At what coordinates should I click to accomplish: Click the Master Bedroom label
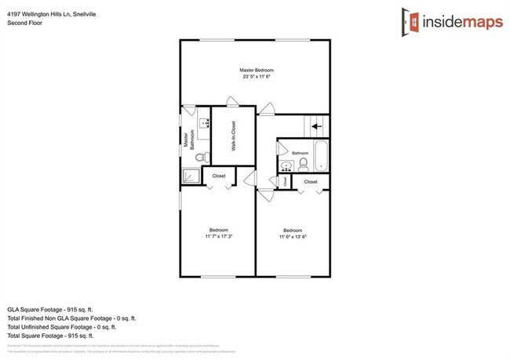[256, 71]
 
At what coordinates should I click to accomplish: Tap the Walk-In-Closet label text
[234, 136]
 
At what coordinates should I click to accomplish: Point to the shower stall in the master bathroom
[191, 176]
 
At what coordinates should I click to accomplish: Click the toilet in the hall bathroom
[303, 164]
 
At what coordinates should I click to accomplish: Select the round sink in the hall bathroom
[286, 165]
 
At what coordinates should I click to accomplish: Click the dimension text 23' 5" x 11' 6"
[256, 77]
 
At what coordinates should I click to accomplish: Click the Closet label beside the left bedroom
[219, 176]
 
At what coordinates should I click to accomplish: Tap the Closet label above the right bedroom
[311, 182]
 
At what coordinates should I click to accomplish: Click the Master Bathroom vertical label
[188, 140]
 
